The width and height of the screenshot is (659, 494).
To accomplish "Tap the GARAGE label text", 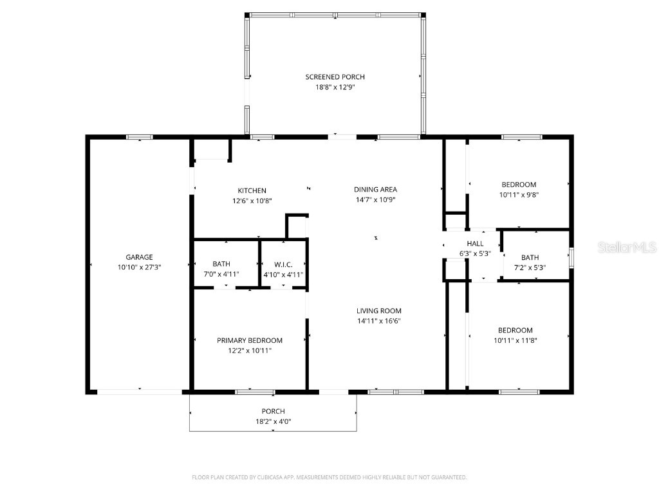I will tap(139, 257).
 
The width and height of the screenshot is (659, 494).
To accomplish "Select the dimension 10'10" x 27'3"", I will tap(139, 267).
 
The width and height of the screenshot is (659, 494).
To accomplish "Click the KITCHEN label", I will tap(252, 190).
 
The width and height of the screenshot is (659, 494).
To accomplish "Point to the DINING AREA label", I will tap(375, 189).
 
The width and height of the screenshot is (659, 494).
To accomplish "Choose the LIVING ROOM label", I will tap(380, 311).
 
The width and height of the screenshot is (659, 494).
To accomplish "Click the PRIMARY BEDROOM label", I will tap(249, 340).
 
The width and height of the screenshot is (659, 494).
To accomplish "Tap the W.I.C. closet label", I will tap(283, 264).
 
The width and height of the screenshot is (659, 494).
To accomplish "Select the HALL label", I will tap(475, 244).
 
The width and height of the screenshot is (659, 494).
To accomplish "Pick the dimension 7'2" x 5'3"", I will tap(530, 267).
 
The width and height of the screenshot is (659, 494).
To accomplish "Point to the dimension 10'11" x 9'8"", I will tap(518, 194).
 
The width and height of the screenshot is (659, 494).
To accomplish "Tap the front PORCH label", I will tap(273, 412).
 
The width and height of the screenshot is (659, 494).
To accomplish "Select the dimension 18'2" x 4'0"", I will tap(273, 422).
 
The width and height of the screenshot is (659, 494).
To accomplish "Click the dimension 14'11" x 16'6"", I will tap(380, 321).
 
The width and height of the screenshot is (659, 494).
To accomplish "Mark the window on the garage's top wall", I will tap(139, 137).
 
